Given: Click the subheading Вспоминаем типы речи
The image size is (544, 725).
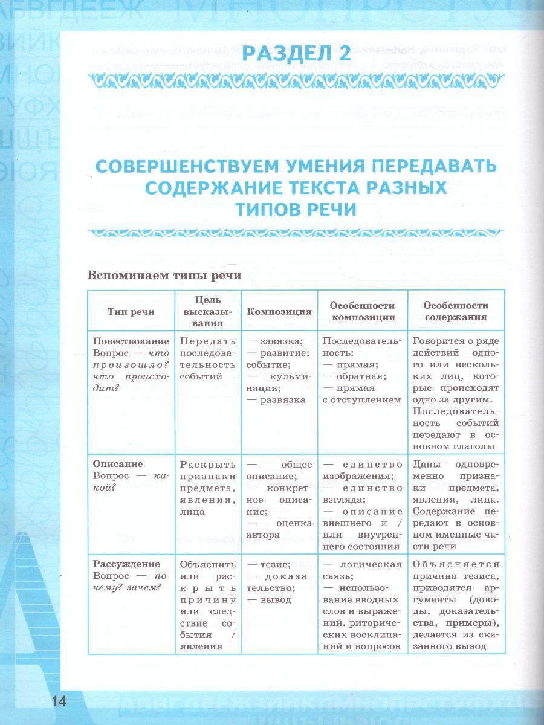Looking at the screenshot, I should pyautogui.click(x=164, y=275).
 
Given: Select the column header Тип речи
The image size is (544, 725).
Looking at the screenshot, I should pyautogui.click(x=131, y=312).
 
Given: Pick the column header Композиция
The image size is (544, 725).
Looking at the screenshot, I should pyautogui.click(x=279, y=312).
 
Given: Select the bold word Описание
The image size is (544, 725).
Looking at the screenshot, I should pyautogui.click(x=118, y=464).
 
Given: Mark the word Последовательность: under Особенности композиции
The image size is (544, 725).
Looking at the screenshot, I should pyautogui.click(x=362, y=346).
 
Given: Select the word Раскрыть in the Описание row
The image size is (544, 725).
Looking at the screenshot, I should pyautogui.click(x=207, y=465).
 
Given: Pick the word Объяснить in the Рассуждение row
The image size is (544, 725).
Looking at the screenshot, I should pyautogui.click(x=207, y=565).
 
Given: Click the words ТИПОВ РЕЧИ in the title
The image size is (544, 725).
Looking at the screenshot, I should pyautogui.click(x=296, y=209).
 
